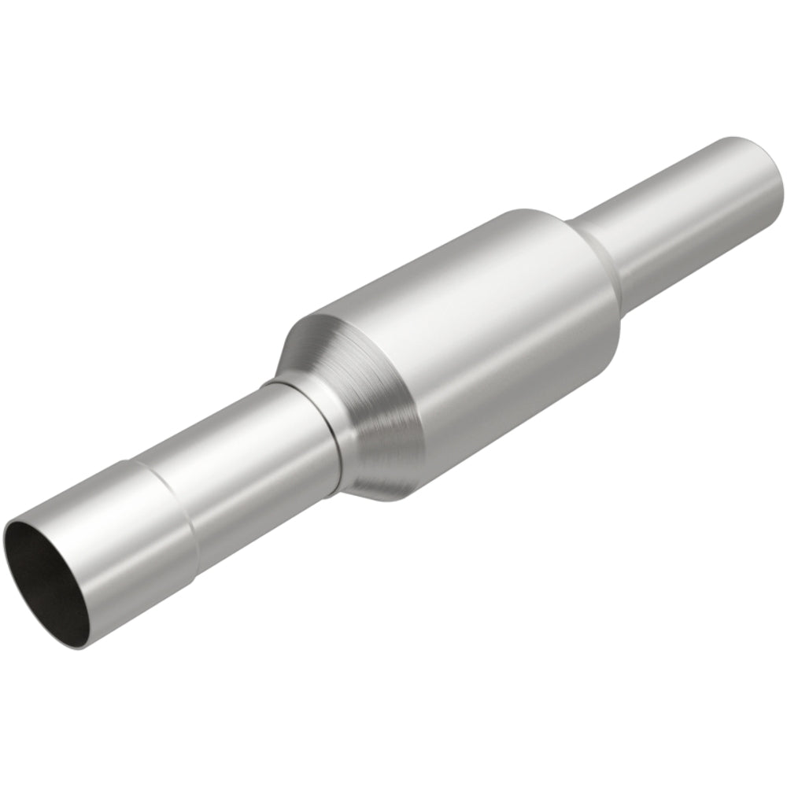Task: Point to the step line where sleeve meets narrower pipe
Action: point(169,504)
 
